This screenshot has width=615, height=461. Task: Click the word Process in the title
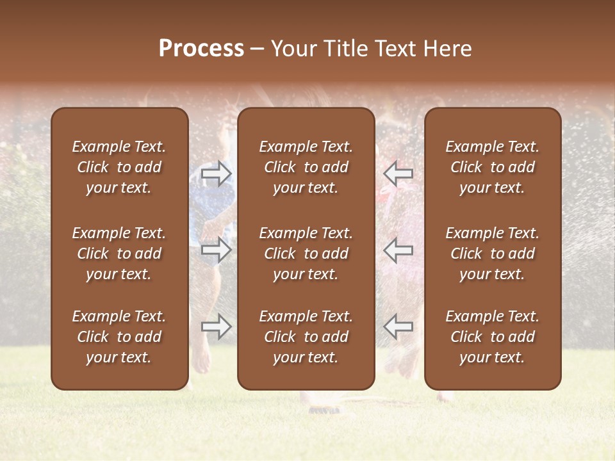click(201, 49)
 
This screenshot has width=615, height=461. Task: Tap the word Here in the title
click(447, 49)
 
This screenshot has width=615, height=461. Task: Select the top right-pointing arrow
click(217, 174)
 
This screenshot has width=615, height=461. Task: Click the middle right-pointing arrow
click(217, 250)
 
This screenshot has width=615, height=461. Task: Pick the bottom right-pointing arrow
click(217, 327)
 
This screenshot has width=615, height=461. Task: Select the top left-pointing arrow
click(398, 174)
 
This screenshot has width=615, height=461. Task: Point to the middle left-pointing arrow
click(398, 250)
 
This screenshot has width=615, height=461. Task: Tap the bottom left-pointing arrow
click(398, 327)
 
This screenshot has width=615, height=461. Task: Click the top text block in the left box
click(119, 167)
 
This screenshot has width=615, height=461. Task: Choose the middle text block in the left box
click(119, 254)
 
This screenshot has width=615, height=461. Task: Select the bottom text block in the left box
click(119, 337)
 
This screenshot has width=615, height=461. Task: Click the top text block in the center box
click(306, 167)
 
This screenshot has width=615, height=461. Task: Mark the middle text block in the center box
click(306, 254)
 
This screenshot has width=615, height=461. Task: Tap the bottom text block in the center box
click(306, 337)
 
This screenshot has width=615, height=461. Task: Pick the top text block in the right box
click(493, 167)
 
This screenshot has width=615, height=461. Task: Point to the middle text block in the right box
click(493, 254)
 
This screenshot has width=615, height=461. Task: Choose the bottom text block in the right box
click(493, 337)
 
